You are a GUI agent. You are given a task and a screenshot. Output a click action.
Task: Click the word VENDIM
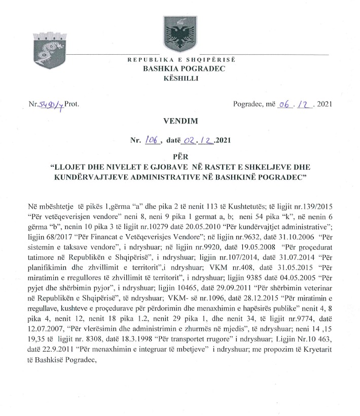click(180, 122)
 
